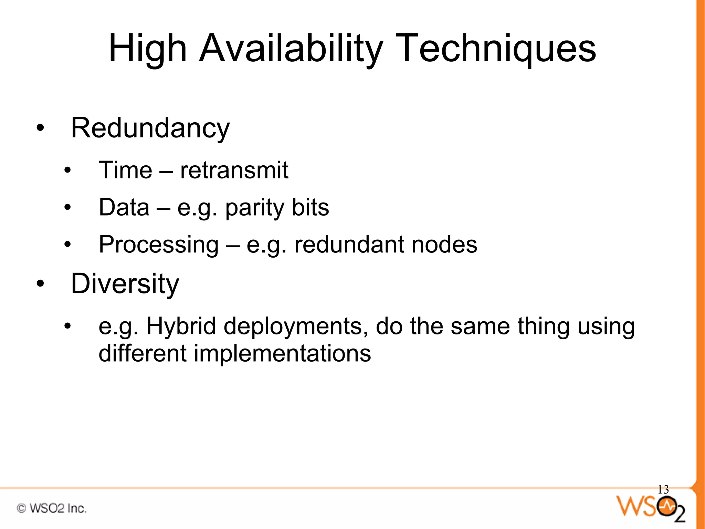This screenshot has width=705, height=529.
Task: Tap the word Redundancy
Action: (x=150, y=128)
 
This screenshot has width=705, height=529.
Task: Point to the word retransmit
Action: (x=234, y=170)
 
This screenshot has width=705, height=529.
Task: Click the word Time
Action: (x=125, y=170)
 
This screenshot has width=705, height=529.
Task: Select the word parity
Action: (x=254, y=208)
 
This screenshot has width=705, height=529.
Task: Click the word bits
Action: (x=310, y=207)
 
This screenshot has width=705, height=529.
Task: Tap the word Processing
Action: (x=159, y=245)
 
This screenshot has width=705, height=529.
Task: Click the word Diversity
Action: (x=125, y=284)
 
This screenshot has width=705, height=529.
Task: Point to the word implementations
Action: (x=282, y=353)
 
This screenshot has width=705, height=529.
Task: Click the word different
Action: (x=142, y=353)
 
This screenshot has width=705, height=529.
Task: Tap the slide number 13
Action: (x=663, y=489)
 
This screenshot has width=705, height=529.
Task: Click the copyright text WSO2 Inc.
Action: (x=52, y=508)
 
